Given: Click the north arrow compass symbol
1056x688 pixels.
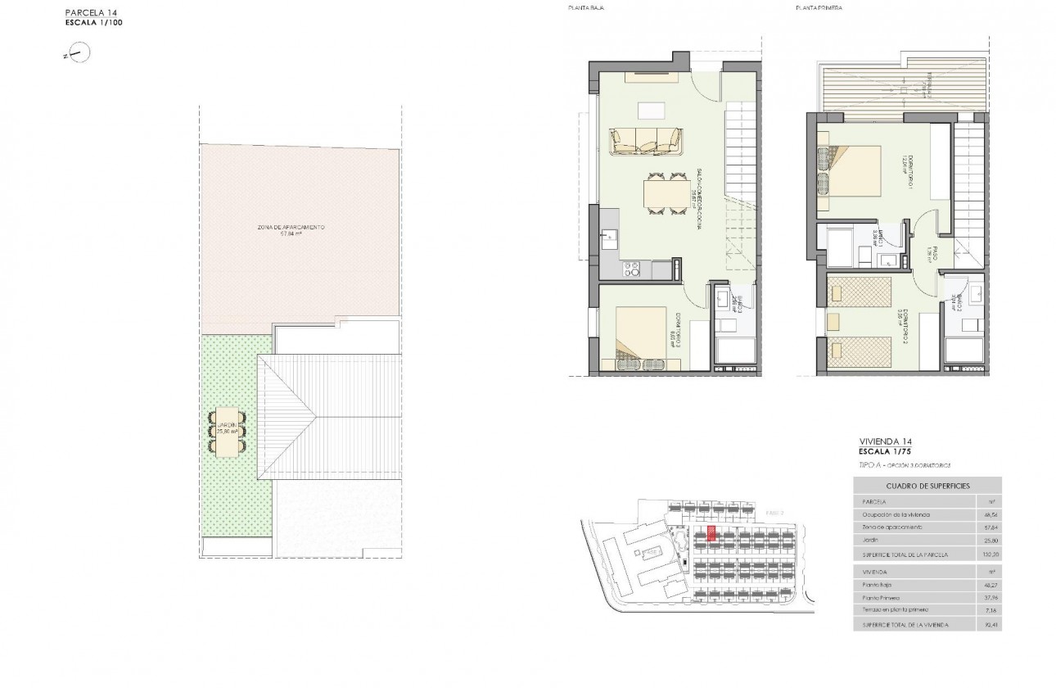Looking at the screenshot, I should pos(80,54).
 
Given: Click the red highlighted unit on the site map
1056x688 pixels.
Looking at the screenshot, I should pos(711,535).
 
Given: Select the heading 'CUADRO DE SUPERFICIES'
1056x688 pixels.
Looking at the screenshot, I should pos(927,486).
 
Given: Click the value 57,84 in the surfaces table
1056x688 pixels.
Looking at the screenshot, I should pos(987,527).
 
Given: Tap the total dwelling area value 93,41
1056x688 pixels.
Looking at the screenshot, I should pos(987,625).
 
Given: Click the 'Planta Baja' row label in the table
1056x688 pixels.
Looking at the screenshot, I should pos(877,585).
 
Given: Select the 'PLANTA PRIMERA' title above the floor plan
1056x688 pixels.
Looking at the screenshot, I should pos(819,7).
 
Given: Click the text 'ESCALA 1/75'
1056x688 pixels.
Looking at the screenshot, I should pos(881,451).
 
